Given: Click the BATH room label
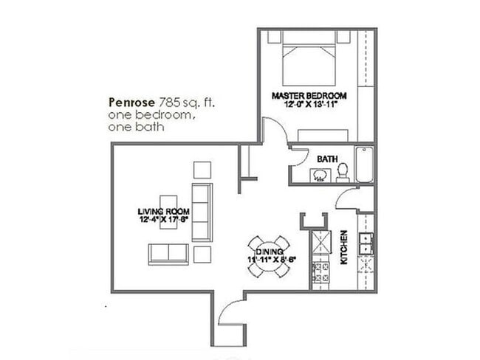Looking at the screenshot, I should (x=327, y=159).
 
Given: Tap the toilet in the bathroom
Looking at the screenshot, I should (x=343, y=172).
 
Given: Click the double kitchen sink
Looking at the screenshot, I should (x=366, y=241).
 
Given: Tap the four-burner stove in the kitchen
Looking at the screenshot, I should (x=320, y=274).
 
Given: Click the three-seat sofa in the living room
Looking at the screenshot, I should (x=202, y=212).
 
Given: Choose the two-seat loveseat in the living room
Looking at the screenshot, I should (x=168, y=254).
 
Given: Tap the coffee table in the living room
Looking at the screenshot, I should (x=168, y=212).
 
